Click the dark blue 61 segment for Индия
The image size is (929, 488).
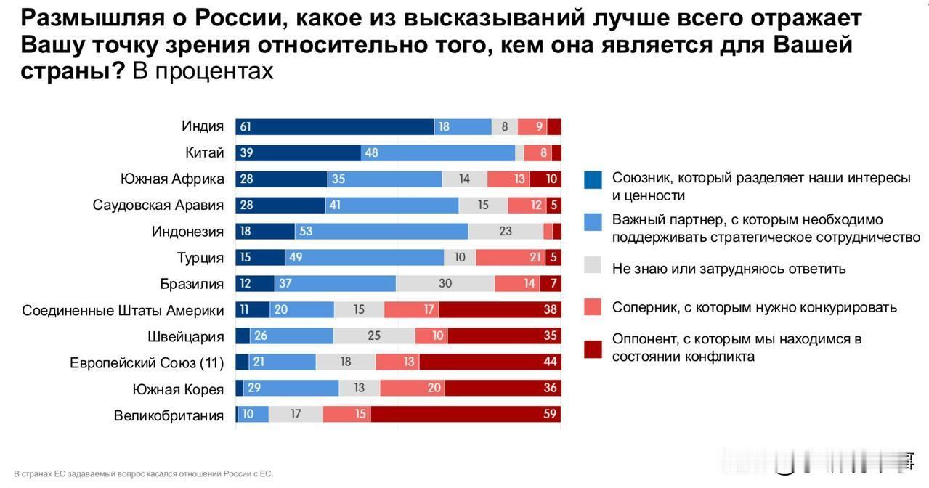pos(334,127)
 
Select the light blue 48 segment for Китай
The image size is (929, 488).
pos(437,153)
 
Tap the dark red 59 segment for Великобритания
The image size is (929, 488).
pos(465,414)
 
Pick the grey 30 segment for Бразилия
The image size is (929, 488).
pos(445,283)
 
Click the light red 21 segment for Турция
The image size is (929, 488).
pos(508,258)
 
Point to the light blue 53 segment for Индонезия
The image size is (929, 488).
pos(381,232)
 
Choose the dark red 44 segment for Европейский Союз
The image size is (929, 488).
pos(490,362)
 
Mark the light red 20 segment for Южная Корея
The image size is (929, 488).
pos(412,389)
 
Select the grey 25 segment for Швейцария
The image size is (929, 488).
pos(374,336)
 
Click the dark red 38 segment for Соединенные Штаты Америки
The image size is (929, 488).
pos(499,310)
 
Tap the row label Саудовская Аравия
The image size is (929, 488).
pos(158,206)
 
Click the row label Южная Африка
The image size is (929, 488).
pos(172,179)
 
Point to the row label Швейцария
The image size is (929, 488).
pos(186,337)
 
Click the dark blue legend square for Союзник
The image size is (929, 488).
pos(593,179)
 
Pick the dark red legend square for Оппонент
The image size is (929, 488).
pos(593,349)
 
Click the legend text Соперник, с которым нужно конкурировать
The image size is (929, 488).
pos(754,308)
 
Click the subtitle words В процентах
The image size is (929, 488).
pos(203,71)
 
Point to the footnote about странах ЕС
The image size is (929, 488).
pos(143,474)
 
